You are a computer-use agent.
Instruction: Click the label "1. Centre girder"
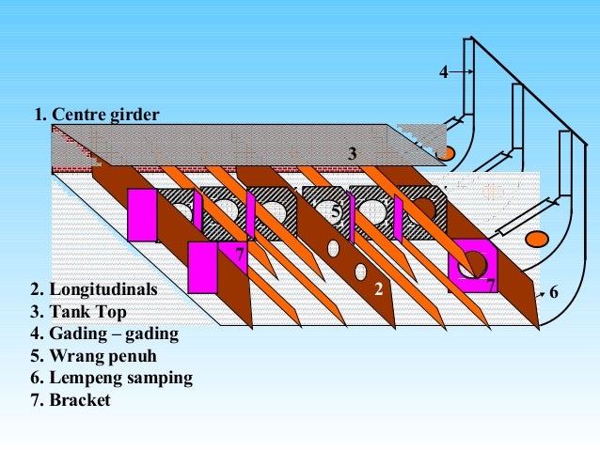[97, 115]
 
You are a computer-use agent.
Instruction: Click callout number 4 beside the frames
[444, 72]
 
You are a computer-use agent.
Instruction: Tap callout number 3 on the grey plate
[352, 153]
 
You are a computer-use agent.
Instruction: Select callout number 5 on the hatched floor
[335, 213]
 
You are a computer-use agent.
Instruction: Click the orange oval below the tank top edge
[446, 152]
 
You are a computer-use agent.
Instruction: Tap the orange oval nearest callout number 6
[537, 238]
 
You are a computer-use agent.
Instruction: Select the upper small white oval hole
[333, 248]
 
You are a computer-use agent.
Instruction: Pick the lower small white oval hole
[360, 272]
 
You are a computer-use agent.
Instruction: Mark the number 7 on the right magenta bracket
[490, 283]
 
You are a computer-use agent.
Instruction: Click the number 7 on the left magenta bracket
[240, 255]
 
